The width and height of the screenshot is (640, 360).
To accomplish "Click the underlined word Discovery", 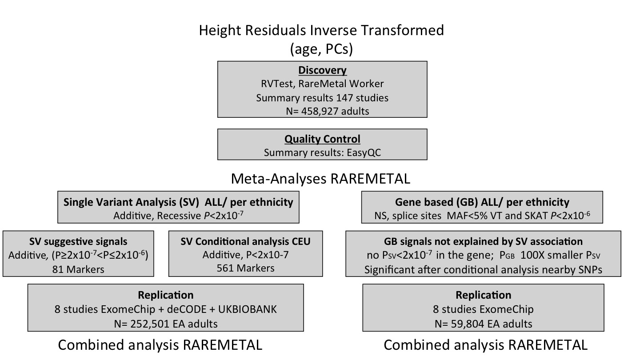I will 322,70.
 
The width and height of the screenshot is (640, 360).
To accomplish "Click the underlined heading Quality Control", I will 322,139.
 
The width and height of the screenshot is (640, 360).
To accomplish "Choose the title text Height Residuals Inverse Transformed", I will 321,30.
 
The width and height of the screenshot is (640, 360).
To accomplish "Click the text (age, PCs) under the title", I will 321,48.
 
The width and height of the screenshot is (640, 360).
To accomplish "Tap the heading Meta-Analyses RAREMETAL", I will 320,179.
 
